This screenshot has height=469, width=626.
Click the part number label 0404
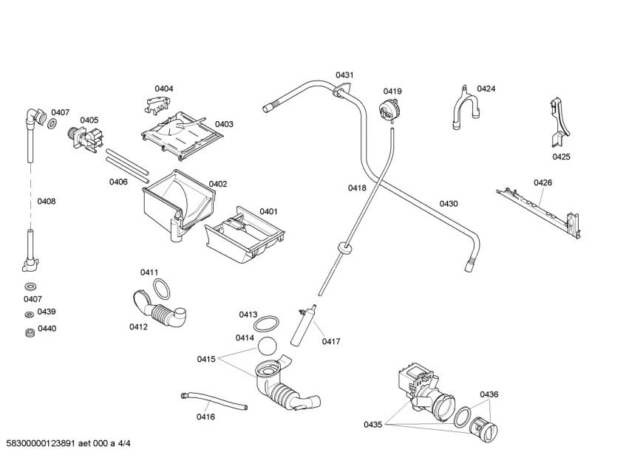click(164, 89)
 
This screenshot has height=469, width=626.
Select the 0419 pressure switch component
click(387, 111)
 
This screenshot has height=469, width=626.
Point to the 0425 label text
click(562, 157)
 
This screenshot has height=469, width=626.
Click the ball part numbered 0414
click(268, 347)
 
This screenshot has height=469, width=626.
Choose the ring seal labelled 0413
click(267, 323)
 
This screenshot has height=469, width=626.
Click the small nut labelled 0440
click(30, 332)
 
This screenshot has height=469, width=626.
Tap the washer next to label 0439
click(30, 314)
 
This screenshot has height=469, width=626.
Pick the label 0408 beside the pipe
click(47, 201)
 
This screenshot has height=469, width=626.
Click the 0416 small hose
click(214, 403)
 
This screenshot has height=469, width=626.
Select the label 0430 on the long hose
click(449, 204)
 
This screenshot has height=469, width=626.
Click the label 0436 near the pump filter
click(489, 394)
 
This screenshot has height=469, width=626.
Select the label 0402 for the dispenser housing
click(217, 184)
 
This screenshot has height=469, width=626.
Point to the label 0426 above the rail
click(543, 182)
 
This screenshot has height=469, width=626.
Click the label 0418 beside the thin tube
click(358, 188)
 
